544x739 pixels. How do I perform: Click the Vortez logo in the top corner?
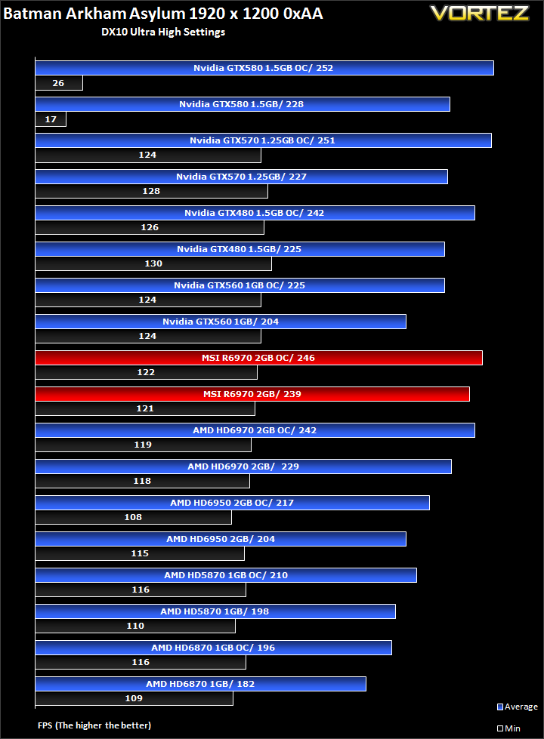click(x=479, y=13)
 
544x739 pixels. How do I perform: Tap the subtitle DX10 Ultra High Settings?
click(x=163, y=32)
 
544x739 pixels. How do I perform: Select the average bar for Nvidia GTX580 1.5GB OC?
click(x=264, y=68)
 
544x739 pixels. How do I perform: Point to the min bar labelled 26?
click(x=59, y=83)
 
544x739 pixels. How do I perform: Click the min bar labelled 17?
click(x=51, y=119)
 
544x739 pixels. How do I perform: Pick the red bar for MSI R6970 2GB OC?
click(x=258, y=358)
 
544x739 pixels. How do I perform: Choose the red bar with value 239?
click(x=252, y=394)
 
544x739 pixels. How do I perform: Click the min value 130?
click(x=153, y=263)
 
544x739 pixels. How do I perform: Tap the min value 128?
click(x=151, y=191)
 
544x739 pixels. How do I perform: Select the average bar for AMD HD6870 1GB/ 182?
click(x=200, y=684)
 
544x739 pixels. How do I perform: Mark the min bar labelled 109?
click(x=134, y=698)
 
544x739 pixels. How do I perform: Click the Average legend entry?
click(x=518, y=707)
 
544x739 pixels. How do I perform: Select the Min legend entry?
click(x=508, y=728)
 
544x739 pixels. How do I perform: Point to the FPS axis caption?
click(x=94, y=725)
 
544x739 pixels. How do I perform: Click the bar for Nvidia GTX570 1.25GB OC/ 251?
click(x=263, y=140)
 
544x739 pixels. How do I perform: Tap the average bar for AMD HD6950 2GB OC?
click(x=232, y=503)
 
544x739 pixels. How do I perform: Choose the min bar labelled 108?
click(x=133, y=517)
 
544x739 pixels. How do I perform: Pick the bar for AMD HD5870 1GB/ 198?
click(x=215, y=611)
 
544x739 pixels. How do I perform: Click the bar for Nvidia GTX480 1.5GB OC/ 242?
click(x=255, y=213)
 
